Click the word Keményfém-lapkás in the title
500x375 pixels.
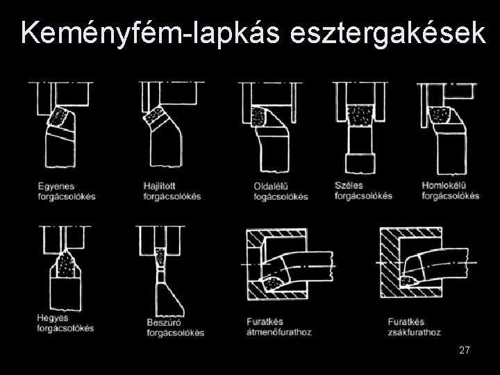coord(150,33)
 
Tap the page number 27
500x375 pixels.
coord(465,350)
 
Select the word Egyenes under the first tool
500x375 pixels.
coord(56,186)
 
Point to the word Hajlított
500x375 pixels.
coord(159,185)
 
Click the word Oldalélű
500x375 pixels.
coord(271,186)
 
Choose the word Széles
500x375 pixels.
coord(349,185)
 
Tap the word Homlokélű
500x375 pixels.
coord(444,185)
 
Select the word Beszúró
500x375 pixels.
coord(164,322)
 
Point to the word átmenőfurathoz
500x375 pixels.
coord(279,332)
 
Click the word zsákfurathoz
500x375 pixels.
coord(415,333)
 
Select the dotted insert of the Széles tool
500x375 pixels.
coord(360,115)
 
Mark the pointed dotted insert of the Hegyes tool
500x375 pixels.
coord(66,264)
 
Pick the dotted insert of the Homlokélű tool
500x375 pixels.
coord(440,115)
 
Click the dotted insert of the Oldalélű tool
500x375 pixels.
coord(258,117)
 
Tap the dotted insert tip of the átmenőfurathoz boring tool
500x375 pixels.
coord(272,283)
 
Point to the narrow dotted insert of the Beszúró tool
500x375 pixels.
coord(160,257)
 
